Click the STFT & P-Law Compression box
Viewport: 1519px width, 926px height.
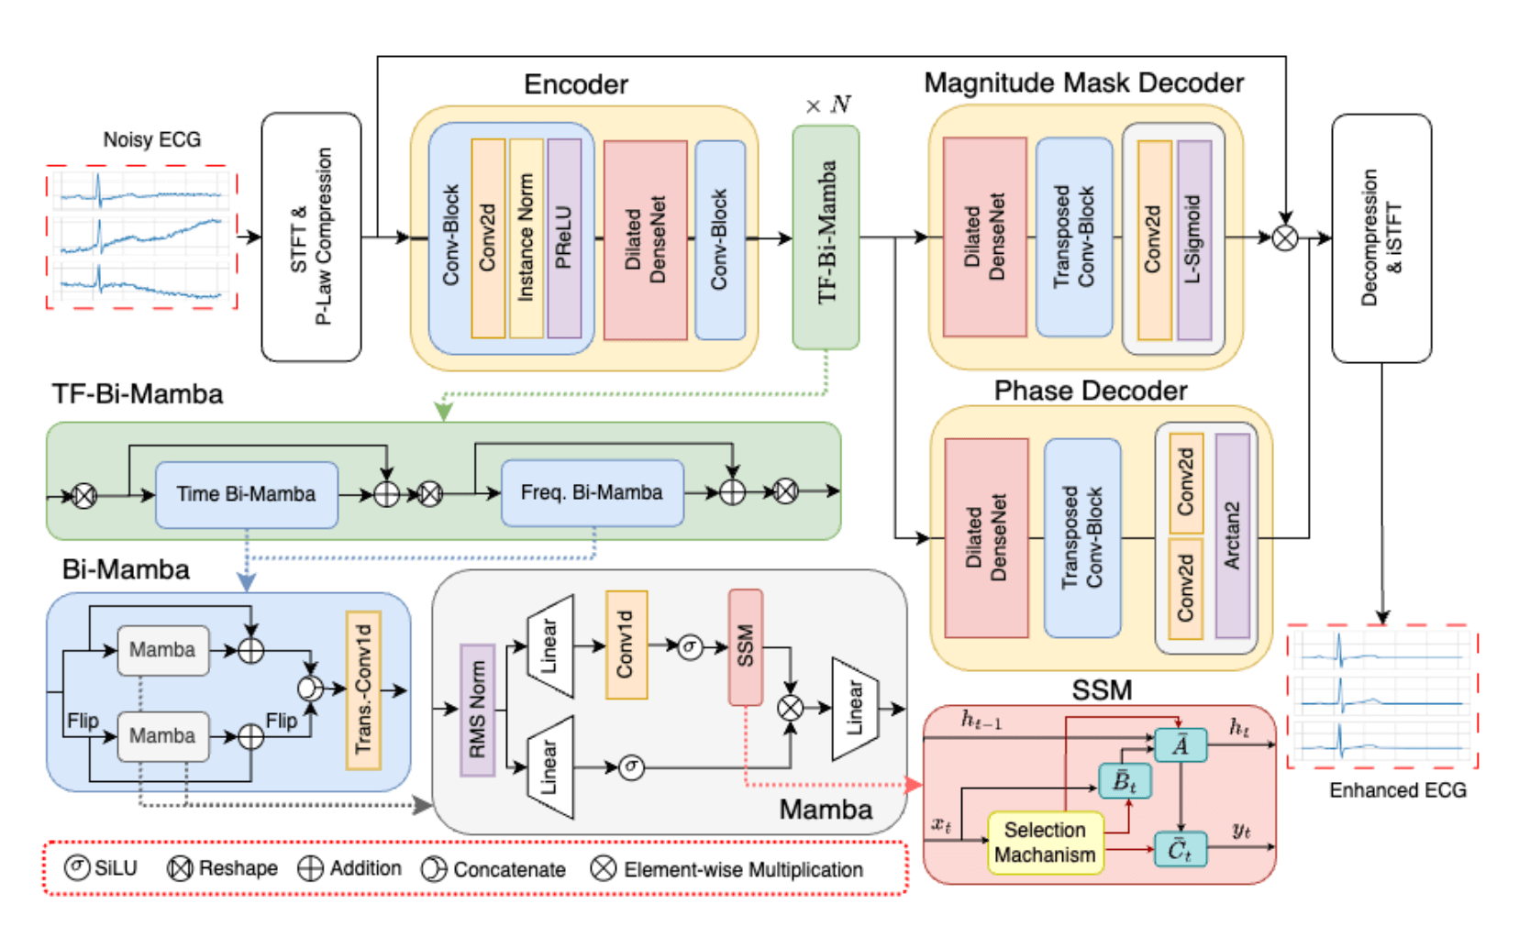311,237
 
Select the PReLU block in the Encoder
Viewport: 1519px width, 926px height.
564,238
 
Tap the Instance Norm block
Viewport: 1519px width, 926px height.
526,238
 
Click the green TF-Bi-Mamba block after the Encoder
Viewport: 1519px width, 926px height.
826,237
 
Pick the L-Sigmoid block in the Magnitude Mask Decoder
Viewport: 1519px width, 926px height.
1194,239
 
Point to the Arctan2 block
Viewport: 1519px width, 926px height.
1232,535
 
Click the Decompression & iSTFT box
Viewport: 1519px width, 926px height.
1380,237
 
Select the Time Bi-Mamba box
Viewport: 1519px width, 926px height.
246,494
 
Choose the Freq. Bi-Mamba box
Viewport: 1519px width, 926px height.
592,493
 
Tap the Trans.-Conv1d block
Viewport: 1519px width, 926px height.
363,689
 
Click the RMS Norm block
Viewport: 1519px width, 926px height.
477,710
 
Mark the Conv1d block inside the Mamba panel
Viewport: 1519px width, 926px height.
626,645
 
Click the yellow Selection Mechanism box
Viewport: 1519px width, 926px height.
1045,842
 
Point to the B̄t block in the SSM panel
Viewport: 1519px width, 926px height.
1125,781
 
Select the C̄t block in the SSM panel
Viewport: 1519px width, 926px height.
1180,849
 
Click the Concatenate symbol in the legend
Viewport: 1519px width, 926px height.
433,868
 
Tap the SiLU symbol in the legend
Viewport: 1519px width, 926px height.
77,866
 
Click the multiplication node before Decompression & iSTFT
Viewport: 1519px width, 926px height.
1285,237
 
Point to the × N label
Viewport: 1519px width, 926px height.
827,105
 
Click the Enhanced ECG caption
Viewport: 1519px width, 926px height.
1397,789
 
